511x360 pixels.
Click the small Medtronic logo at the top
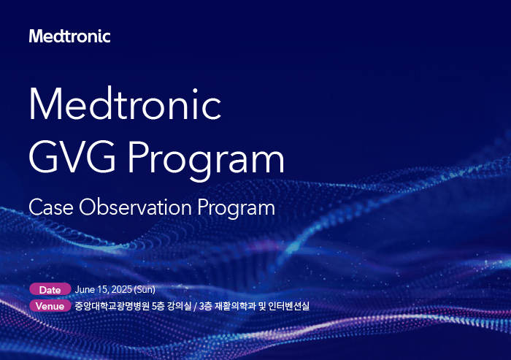(x=70, y=37)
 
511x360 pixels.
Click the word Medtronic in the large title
(x=126, y=104)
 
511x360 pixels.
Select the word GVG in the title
(x=72, y=157)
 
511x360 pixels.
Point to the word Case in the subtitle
(x=51, y=207)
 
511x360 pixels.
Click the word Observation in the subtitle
(x=135, y=207)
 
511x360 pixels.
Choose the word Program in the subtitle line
(x=237, y=209)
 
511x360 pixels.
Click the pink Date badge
(x=50, y=290)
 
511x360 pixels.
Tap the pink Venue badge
(x=50, y=306)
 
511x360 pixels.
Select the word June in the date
(x=85, y=290)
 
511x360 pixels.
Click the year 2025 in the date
(x=122, y=290)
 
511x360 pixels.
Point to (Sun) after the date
(x=145, y=290)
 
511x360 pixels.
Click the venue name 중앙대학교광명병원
(x=112, y=306)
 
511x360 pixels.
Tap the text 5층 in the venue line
(x=158, y=306)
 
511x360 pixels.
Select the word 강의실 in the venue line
(x=180, y=306)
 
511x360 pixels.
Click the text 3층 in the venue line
(x=206, y=306)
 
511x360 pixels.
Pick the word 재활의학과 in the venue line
(x=235, y=306)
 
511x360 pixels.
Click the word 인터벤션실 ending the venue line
(x=288, y=306)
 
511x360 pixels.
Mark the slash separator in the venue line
(x=196, y=307)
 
